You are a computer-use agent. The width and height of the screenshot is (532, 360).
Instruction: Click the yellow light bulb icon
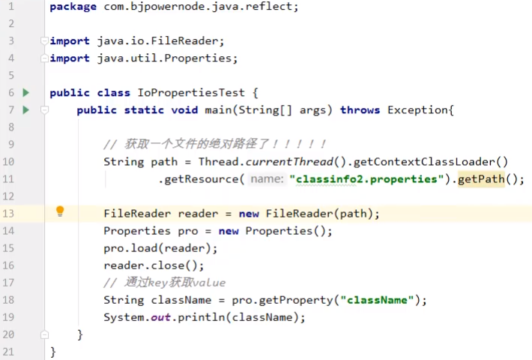point(61,212)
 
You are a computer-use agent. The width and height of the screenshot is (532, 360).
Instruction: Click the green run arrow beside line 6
point(26,93)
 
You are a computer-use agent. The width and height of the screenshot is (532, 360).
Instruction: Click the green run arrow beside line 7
point(26,110)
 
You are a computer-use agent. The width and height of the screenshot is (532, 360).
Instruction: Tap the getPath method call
point(482,179)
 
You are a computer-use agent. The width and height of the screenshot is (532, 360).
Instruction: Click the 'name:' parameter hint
point(267,179)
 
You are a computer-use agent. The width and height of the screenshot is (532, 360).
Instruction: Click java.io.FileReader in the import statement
point(160,41)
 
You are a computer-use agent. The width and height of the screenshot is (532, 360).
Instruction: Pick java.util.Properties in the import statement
point(167,58)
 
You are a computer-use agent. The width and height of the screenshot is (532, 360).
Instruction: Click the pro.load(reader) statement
point(160,248)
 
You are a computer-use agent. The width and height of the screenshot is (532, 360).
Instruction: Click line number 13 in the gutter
point(9,214)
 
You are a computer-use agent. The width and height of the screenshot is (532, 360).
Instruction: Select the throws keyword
point(360,110)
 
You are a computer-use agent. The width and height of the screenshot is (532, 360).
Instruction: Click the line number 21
point(9,352)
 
